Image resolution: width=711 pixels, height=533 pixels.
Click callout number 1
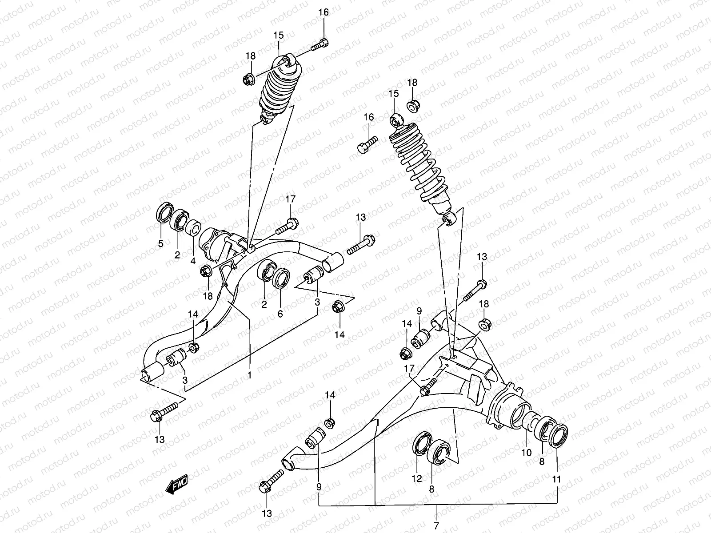point(249,375)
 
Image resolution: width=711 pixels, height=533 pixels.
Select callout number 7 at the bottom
point(436,526)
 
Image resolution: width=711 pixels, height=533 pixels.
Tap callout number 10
point(526,453)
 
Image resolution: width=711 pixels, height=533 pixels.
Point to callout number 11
point(557,479)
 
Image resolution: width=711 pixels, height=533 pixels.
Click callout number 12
point(417,478)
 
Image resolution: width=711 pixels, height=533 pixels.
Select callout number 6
point(280,314)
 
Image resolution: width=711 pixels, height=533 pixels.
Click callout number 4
point(193,261)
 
